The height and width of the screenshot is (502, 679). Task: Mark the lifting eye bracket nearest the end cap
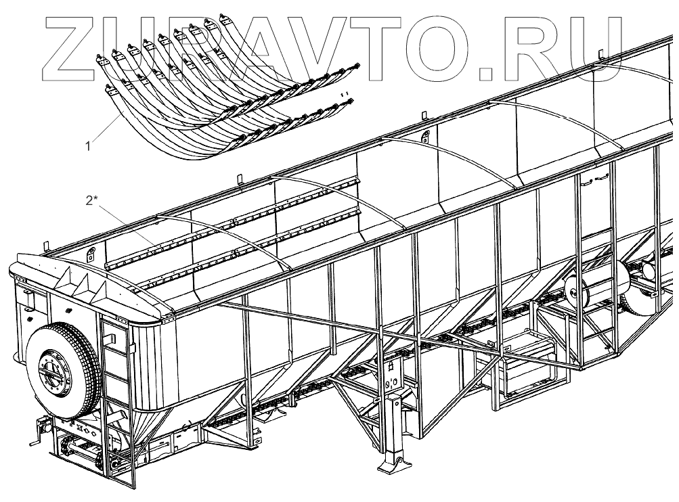point(89,256)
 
